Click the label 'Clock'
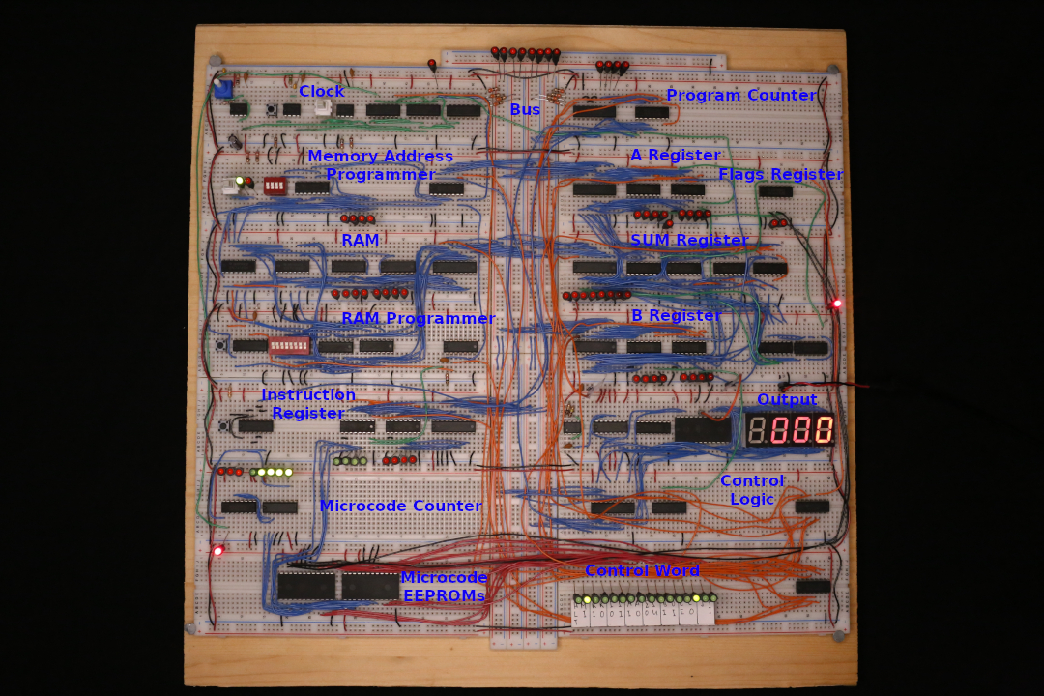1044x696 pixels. (321, 91)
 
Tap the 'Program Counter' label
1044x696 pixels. (741, 95)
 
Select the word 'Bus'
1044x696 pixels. (525, 110)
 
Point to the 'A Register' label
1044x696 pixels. (676, 156)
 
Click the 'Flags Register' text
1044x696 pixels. (781, 175)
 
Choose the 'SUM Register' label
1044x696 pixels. (689, 240)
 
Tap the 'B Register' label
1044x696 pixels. (676, 316)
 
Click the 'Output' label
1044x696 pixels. (787, 399)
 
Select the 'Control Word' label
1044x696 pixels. (642, 570)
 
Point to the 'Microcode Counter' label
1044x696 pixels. (400, 506)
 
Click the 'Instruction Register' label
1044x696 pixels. (308, 404)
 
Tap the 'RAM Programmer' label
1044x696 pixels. (418, 318)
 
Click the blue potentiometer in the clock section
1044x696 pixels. (222, 89)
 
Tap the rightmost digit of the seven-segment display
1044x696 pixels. (824, 429)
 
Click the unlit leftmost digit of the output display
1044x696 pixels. (757, 429)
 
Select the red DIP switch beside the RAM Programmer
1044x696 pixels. (289, 345)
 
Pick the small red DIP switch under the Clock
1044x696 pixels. (275, 185)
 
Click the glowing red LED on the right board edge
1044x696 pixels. (837, 304)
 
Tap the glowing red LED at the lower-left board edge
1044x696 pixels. (217, 551)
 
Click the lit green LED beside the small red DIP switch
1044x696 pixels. (240, 181)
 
